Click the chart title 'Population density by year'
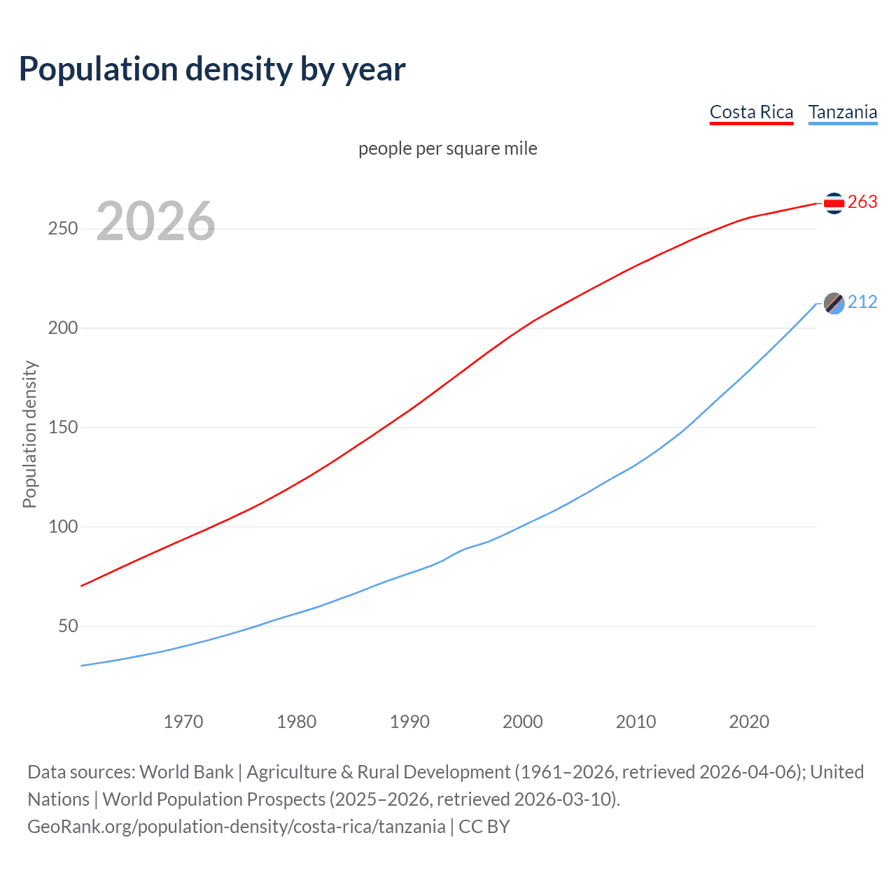click(x=212, y=69)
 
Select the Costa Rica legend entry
click(x=751, y=112)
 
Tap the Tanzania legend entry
click(x=842, y=112)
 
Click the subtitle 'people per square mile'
click(x=447, y=148)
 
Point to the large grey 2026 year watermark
click(x=155, y=221)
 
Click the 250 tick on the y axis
click(x=63, y=229)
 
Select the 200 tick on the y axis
click(x=63, y=328)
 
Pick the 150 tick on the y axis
click(x=63, y=428)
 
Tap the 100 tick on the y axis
click(x=63, y=527)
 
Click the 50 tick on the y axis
click(x=68, y=626)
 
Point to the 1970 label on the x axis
click(x=183, y=722)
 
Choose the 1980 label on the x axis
click(x=296, y=722)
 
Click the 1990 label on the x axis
click(x=409, y=722)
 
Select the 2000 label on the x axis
click(x=523, y=722)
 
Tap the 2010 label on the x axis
click(x=636, y=722)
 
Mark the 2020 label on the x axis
click(x=749, y=722)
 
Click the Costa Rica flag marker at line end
click(x=834, y=203)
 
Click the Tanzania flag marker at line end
click(x=834, y=303)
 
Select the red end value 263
click(x=862, y=202)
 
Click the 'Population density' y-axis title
click(x=29, y=434)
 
